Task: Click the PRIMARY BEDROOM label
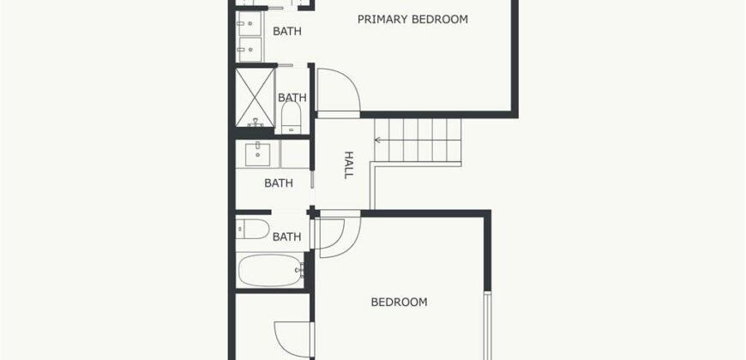coord(412,19)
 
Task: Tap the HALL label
coord(349,165)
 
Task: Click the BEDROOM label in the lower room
coord(399,302)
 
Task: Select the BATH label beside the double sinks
coord(286,32)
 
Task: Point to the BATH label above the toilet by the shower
coord(292,98)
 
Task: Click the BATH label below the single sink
coord(278,183)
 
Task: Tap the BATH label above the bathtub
coord(286,237)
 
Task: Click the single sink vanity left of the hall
coord(256,154)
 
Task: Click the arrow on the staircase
coord(378,139)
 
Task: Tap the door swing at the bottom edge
coord(291,338)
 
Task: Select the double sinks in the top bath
coord(250,34)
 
